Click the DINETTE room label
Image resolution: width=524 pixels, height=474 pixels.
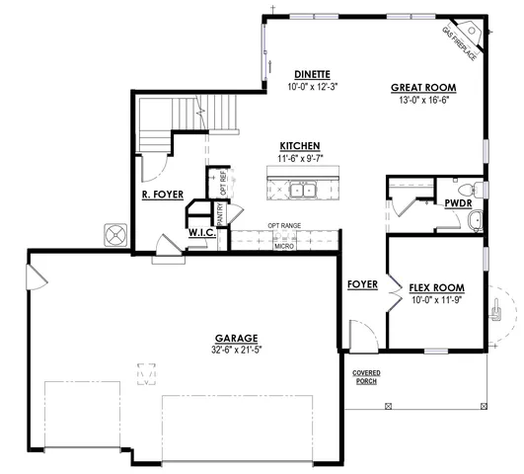pos(311,75)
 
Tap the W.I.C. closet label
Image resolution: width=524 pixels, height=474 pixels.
pos(201,234)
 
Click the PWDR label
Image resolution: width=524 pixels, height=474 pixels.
pos(457,202)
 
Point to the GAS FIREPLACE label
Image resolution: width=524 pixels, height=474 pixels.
pos(459,44)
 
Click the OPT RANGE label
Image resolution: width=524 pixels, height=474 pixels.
pos(285,226)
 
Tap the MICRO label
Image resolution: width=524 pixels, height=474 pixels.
pos(284,244)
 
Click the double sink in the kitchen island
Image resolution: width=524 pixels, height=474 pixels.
pos(301,190)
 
